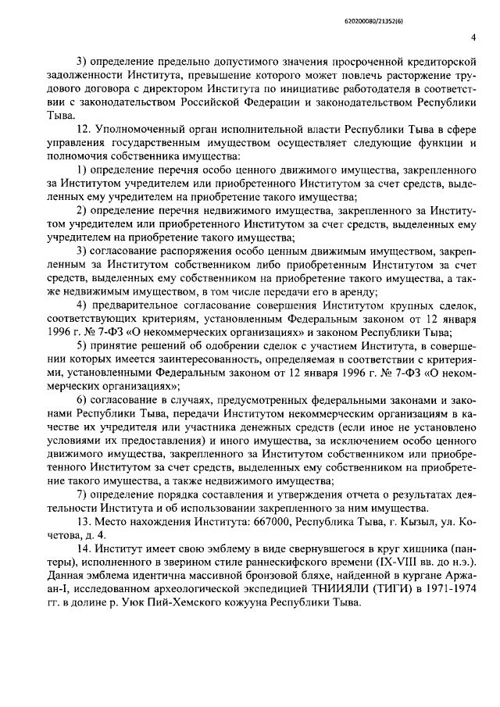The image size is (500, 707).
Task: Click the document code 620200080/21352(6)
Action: point(445,13)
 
